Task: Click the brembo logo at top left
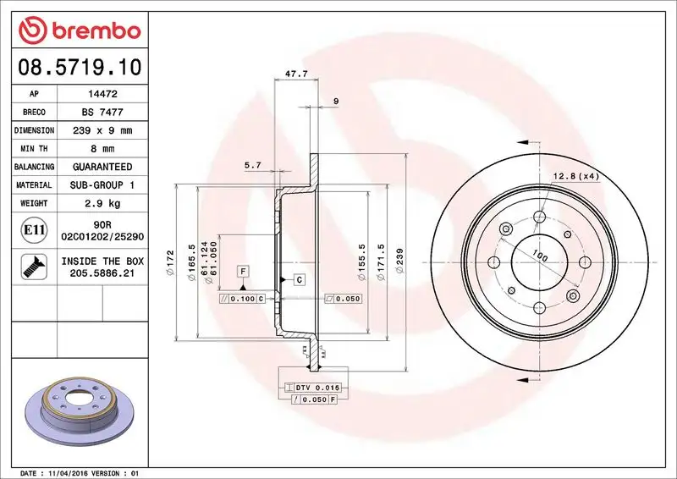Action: [79, 30]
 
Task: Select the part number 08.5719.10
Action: [79, 66]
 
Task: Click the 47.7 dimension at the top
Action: [295, 74]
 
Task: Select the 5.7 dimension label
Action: [252, 166]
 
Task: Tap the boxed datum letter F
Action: [243, 271]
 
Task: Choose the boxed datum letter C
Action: [300, 278]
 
